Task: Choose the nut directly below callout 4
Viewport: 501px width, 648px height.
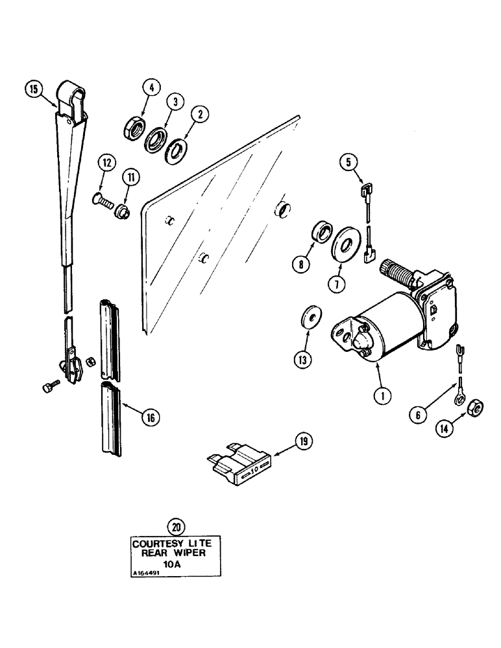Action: (134, 126)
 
